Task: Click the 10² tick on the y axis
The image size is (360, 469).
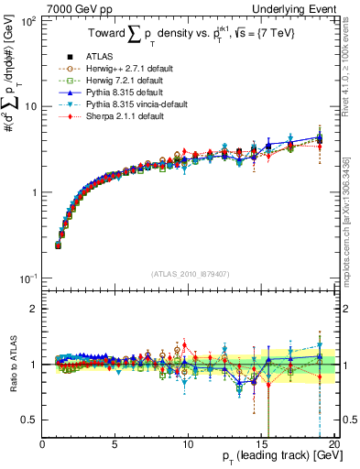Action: tap(27, 20)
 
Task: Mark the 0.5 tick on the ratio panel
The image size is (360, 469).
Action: tap(29, 420)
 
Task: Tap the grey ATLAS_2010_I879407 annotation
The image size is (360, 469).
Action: tap(189, 273)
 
